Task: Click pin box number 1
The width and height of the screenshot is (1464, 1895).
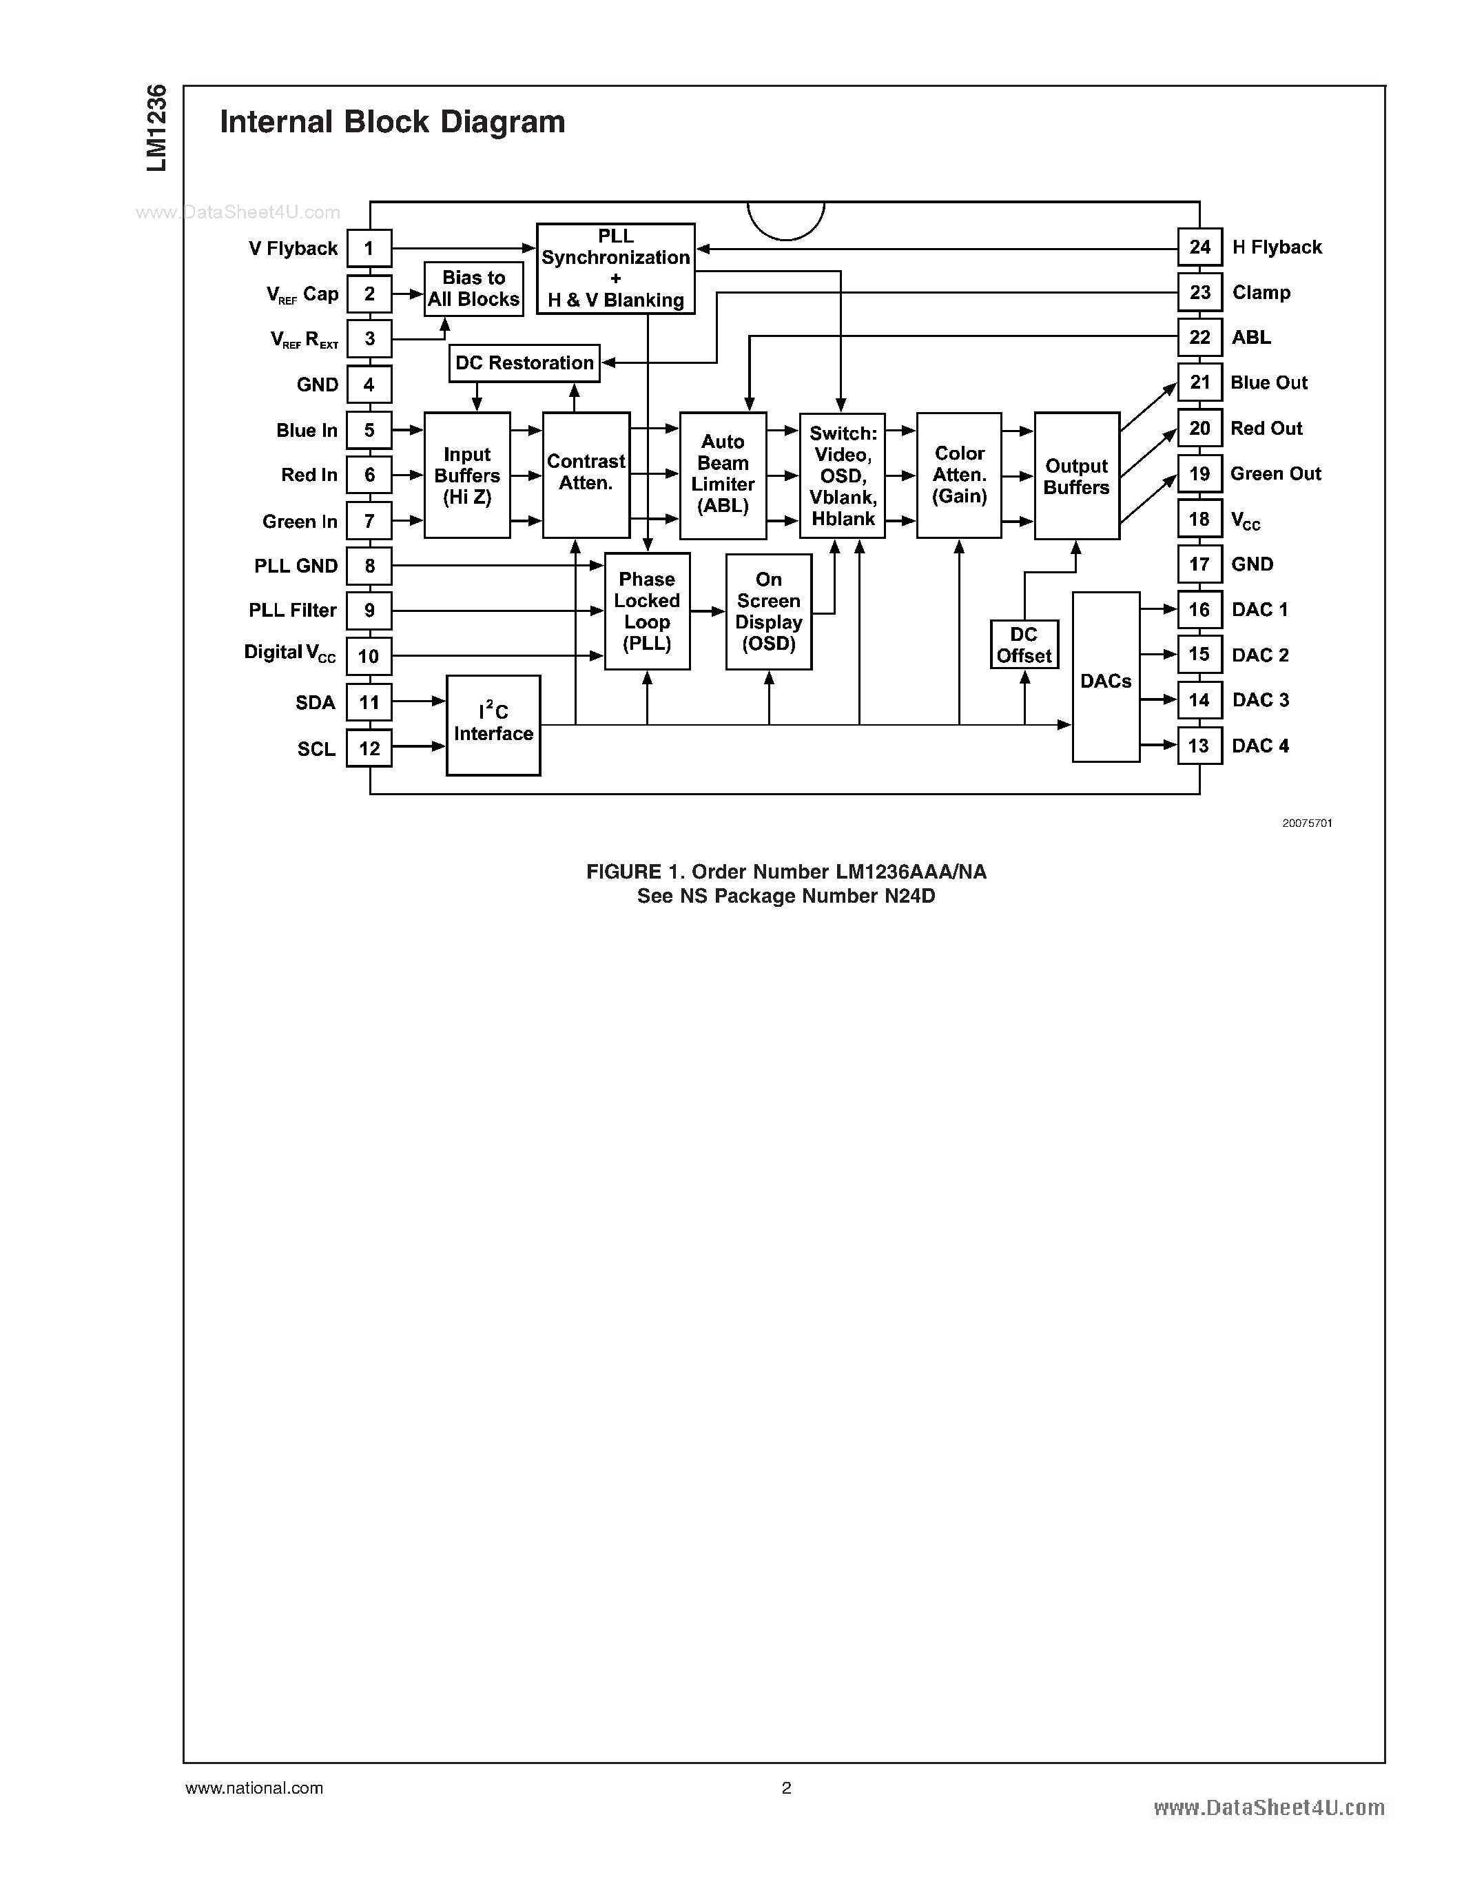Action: [369, 248]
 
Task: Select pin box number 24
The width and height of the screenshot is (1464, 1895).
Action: [1199, 247]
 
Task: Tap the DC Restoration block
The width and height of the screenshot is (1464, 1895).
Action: [524, 362]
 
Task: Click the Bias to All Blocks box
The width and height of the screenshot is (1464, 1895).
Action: [473, 289]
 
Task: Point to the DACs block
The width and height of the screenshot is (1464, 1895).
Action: [1106, 677]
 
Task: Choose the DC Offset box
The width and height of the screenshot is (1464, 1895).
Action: [1024, 645]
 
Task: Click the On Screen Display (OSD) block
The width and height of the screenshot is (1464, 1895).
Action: [768, 612]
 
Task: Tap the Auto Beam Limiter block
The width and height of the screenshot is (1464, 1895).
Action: [723, 475]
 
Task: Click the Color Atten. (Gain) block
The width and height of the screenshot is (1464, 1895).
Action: [958, 475]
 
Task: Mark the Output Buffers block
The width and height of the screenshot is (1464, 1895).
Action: [1076, 475]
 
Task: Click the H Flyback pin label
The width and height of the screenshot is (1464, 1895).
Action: [1277, 247]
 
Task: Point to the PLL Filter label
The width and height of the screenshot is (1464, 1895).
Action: [292, 611]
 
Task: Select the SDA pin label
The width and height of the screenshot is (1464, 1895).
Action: [315, 703]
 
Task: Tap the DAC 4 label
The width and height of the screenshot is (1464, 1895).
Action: [1260, 746]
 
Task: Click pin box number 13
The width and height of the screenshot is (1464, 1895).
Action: [1199, 746]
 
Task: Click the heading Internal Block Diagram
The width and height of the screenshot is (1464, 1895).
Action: [392, 123]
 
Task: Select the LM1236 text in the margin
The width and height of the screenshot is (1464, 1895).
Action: [156, 128]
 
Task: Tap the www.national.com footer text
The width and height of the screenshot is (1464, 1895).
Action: [254, 1788]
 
